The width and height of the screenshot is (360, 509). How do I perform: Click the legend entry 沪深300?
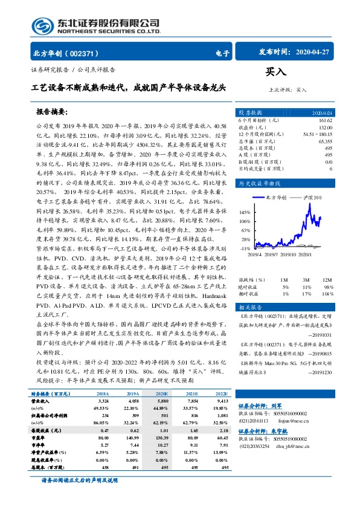[313, 198]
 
